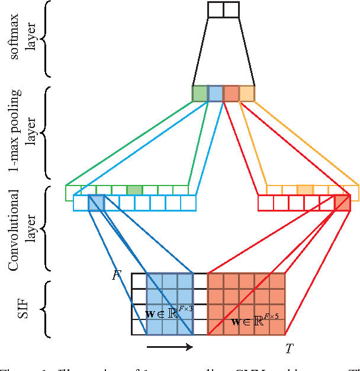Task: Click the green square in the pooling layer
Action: [200, 94]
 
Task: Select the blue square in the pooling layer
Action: [216, 94]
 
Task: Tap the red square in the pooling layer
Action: [232, 94]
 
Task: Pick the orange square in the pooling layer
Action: [247, 94]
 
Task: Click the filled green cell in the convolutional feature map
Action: [135, 190]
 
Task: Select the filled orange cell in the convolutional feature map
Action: [305, 190]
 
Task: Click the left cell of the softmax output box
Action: [216, 9]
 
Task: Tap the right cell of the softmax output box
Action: [231, 9]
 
